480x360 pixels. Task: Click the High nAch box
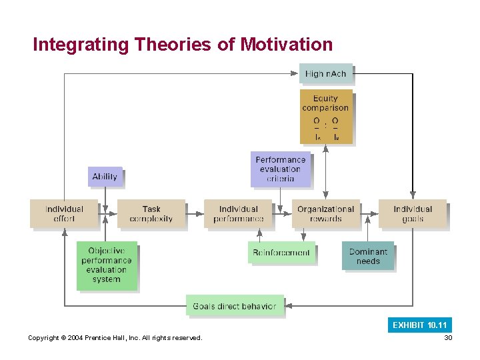coord(325,73)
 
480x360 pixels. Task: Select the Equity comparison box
coord(325,117)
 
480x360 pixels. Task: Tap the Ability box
coord(105,177)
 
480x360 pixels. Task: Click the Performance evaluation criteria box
coord(281,169)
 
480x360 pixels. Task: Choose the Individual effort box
coord(64,214)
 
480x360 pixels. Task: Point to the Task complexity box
coord(151,214)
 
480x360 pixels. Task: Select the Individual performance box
coord(238,214)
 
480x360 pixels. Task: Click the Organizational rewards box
coord(325,214)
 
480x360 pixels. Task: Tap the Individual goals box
coord(413,214)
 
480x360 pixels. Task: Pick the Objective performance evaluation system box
coord(106,265)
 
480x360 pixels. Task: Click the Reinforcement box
coord(281,253)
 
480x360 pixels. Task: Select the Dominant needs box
coord(367,256)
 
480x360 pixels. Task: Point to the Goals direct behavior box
coord(234,306)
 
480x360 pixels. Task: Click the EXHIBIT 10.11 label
coord(420,325)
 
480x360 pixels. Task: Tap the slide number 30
coord(448,338)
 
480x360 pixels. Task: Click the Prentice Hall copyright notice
coord(115,338)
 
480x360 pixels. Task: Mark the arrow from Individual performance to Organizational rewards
coord(283,214)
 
